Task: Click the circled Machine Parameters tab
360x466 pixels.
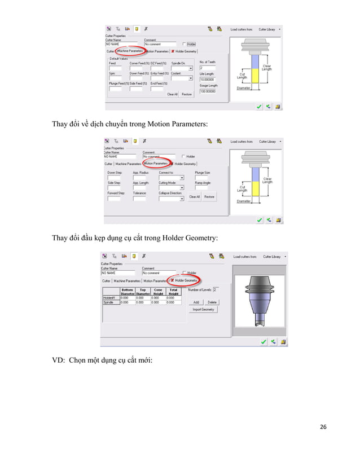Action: click(130, 50)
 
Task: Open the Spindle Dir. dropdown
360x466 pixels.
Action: click(182, 69)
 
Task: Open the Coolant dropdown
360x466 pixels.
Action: click(182, 80)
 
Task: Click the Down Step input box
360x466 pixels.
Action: click(113, 178)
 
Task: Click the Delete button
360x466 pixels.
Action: click(212, 302)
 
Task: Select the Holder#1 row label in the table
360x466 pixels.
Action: click(109, 297)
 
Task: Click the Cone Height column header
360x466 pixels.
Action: click(158, 292)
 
